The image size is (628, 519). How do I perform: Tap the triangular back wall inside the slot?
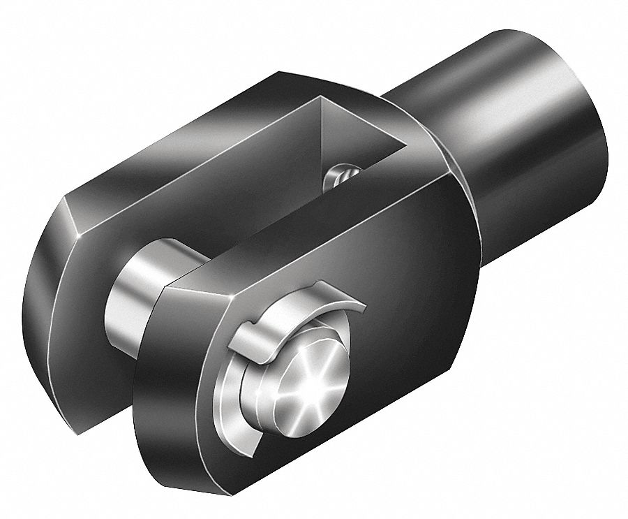(x=349, y=133)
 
